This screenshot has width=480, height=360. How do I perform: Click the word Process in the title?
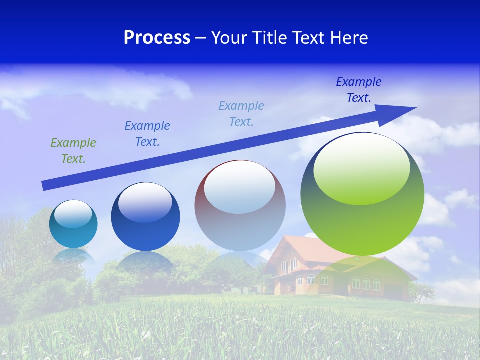coord(157,38)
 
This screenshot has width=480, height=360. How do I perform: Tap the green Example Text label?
coord(73,151)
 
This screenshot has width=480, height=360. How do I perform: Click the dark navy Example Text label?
coord(359,90)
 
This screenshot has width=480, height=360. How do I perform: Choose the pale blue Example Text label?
coord(241,114)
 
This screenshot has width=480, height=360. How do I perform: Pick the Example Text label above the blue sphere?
coord(147,134)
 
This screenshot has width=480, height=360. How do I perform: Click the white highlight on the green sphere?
coord(362,167)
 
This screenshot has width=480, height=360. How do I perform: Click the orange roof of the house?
coord(300,247)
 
